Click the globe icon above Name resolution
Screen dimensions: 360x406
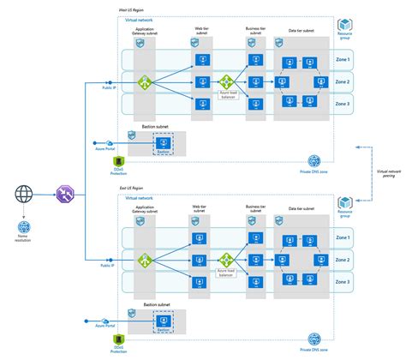[23, 194]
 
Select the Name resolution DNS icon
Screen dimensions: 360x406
[23, 227]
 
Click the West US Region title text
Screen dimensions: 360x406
[131, 9]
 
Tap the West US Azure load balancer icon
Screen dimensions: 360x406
[226, 82]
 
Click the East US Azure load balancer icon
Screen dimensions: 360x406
[226, 259]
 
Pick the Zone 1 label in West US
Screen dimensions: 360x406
[342, 60]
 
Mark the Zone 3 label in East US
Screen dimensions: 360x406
[342, 281]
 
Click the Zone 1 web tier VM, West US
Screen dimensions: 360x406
[203, 61]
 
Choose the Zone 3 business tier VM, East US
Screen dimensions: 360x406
[254, 282]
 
